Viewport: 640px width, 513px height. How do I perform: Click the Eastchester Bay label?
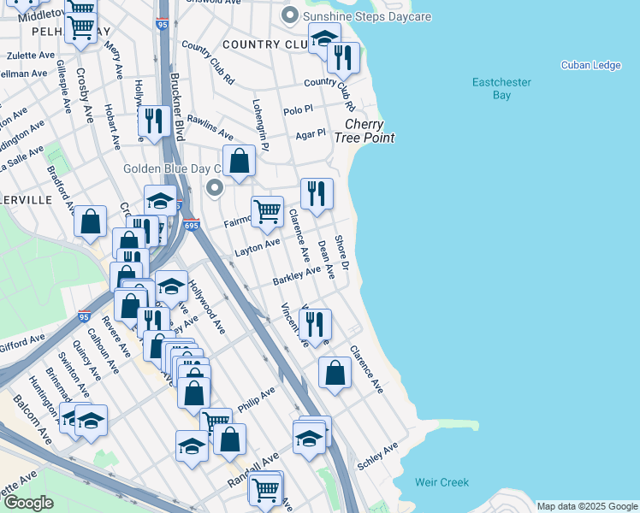tap(501, 88)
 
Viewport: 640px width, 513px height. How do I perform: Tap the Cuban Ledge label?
tap(590, 65)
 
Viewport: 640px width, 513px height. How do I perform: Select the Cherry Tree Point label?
tap(364, 131)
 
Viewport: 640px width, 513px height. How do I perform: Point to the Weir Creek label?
tap(441, 482)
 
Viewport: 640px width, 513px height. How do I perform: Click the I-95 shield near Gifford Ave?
tap(85, 316)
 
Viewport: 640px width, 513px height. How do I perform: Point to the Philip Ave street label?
tap(257, 399)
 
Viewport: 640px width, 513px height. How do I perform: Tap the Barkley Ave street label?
tap(296, 276)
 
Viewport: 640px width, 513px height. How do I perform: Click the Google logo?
tap(29, 503)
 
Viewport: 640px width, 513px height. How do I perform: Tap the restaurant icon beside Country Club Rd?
tap(343, 57)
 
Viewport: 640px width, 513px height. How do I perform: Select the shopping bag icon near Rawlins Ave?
tap(240, 160)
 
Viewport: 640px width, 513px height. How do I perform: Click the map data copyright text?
tap(586, 506)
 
